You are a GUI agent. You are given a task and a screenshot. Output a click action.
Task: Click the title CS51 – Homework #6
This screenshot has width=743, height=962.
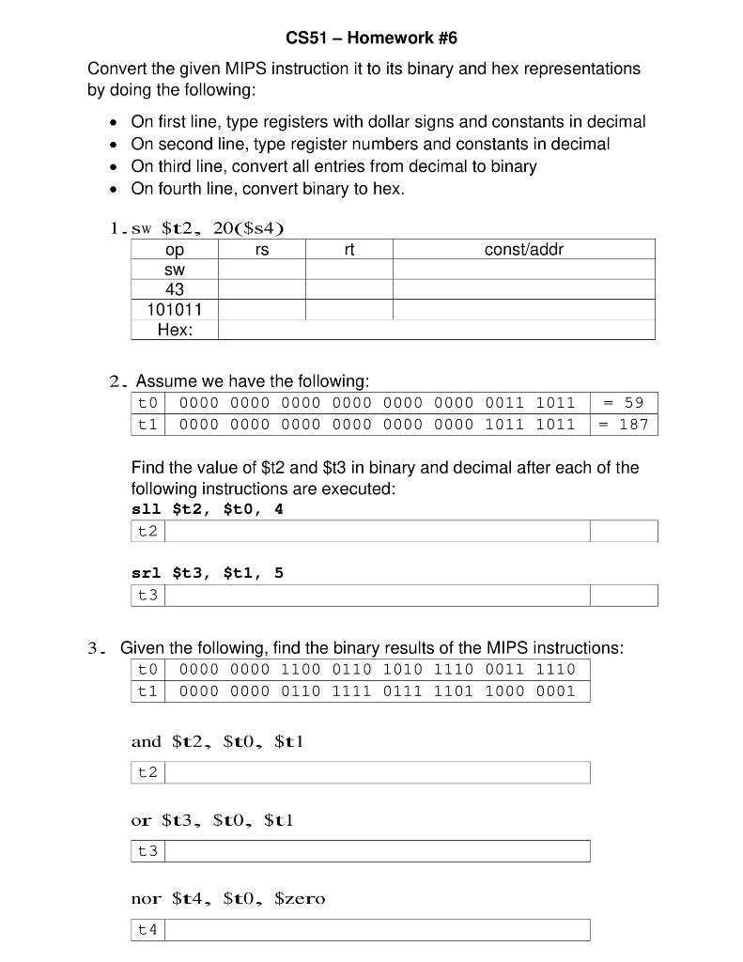pos(371,39)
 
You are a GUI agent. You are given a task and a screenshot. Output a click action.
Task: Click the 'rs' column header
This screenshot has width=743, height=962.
pos(262,249)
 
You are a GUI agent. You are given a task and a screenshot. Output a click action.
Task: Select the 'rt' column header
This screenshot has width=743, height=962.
pos(349,249)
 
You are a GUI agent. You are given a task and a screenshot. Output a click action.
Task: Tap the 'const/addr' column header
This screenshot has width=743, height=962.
pos(523,249)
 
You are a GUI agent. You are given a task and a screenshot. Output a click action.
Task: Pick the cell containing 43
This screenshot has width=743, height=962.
pos(175,289)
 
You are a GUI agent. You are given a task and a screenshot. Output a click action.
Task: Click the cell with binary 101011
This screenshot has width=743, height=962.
pos(175,309)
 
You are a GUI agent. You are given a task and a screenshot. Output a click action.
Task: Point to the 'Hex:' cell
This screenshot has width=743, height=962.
pos(175,330)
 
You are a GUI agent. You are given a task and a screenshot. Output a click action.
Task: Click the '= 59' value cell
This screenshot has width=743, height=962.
pos(624,402)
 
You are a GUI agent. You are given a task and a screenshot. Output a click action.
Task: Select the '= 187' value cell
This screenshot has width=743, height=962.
pos(624,424)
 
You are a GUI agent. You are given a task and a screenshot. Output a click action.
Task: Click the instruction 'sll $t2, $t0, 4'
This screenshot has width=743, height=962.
pos(208,509)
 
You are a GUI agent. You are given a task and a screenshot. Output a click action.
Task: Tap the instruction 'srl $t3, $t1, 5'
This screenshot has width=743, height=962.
pos(208,572)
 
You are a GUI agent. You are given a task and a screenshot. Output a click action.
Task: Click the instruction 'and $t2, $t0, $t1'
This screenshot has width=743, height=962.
pos(218,741)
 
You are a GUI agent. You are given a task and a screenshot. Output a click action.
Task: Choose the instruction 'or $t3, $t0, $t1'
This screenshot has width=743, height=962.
pos(213,820)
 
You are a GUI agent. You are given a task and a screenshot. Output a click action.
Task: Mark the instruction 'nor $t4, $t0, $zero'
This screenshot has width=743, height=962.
pos(228,899)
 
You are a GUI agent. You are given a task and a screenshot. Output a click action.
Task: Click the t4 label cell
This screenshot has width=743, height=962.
pos(148,930)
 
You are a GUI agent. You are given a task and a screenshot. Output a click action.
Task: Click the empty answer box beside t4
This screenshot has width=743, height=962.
pos(378,930)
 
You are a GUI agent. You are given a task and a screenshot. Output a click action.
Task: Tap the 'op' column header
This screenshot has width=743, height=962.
pos(175,249)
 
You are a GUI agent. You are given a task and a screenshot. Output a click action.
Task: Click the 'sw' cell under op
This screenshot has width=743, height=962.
pos(175,270)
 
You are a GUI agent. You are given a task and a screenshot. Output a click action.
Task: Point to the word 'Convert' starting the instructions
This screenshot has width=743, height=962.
pos(115,69)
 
